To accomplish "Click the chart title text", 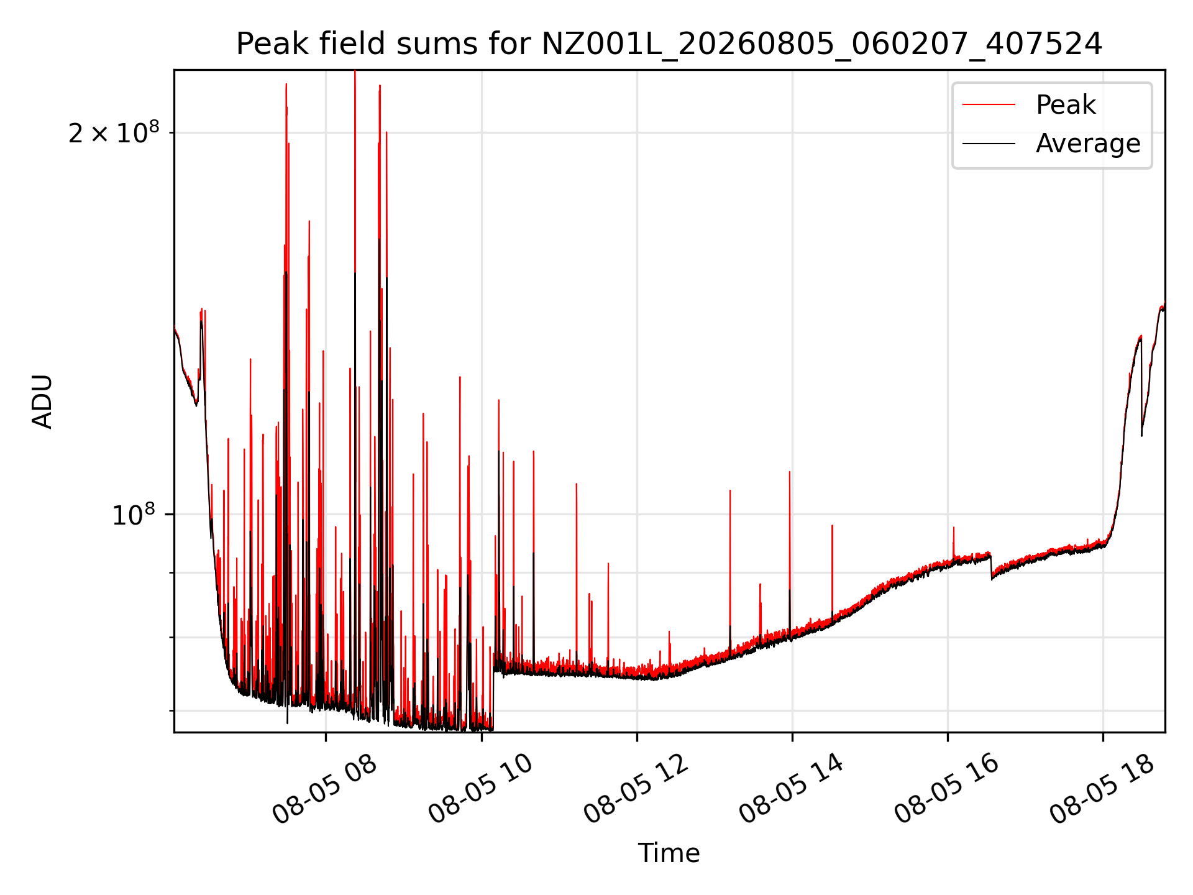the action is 669,44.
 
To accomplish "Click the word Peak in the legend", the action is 1066,104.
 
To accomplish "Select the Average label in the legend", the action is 1088,144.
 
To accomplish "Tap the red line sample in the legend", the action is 989,104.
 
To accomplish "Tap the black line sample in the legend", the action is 989,144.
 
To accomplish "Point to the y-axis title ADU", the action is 42,402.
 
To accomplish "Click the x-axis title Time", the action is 669,853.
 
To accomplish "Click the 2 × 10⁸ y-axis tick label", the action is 114,132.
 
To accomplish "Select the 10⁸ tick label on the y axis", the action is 134,515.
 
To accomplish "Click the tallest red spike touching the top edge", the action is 355,72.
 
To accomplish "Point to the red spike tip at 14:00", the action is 790,472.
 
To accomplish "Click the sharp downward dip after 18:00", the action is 1141,434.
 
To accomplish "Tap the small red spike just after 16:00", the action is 954,528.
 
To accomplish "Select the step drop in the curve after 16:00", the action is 992,566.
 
